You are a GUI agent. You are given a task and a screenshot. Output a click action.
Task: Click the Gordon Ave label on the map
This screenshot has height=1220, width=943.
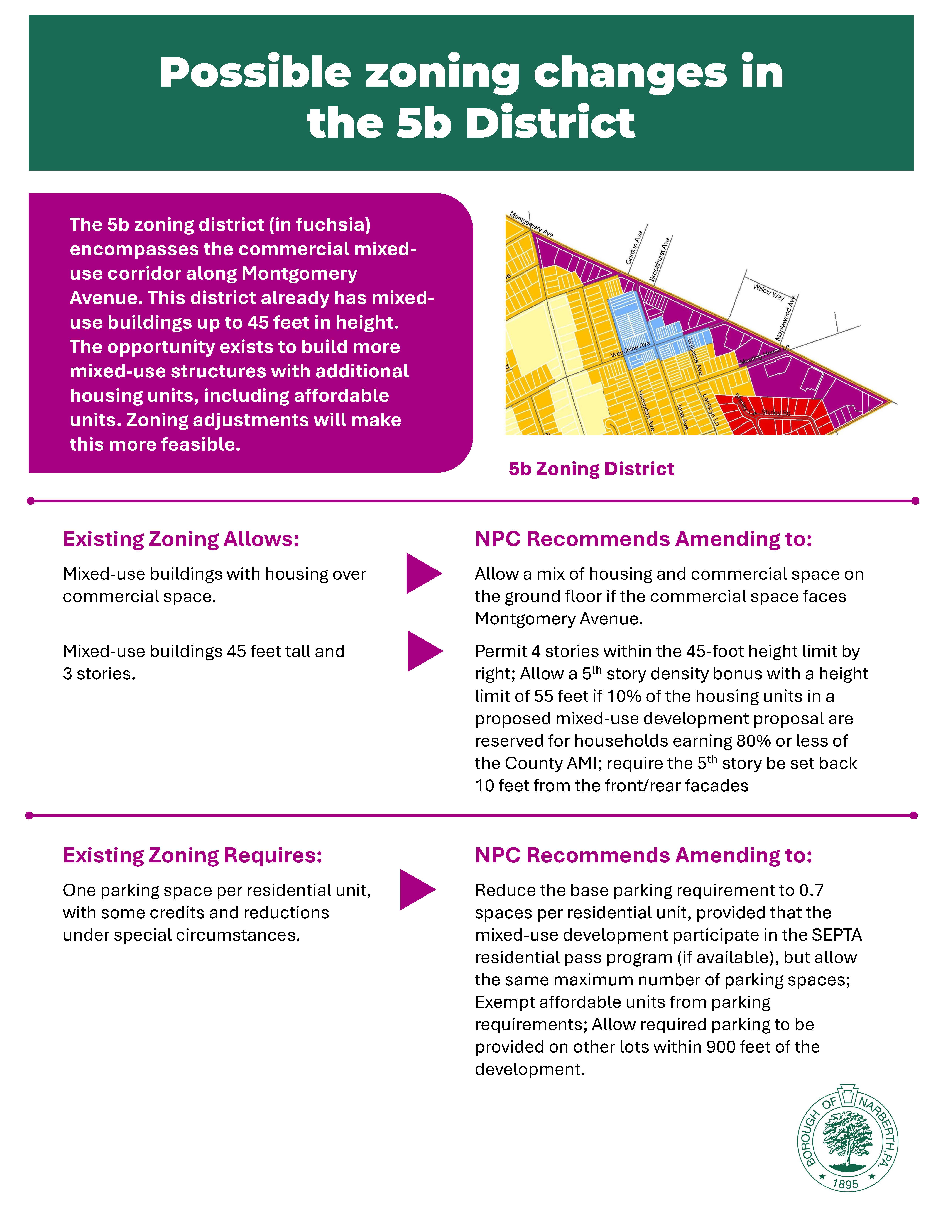tap(635, 248)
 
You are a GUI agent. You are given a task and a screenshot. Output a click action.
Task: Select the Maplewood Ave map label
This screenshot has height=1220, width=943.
tap(785, 318)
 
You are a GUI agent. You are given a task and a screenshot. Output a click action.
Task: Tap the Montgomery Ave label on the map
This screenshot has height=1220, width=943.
tap(531, 225)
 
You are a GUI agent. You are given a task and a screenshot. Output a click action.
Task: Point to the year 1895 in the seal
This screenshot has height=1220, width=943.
tap(845, 1184)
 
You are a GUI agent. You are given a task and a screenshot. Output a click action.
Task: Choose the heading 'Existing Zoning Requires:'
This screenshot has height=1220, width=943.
tap(193, 855)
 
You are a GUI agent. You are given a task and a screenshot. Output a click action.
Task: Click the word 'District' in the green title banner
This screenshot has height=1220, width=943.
tap(550, 122)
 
